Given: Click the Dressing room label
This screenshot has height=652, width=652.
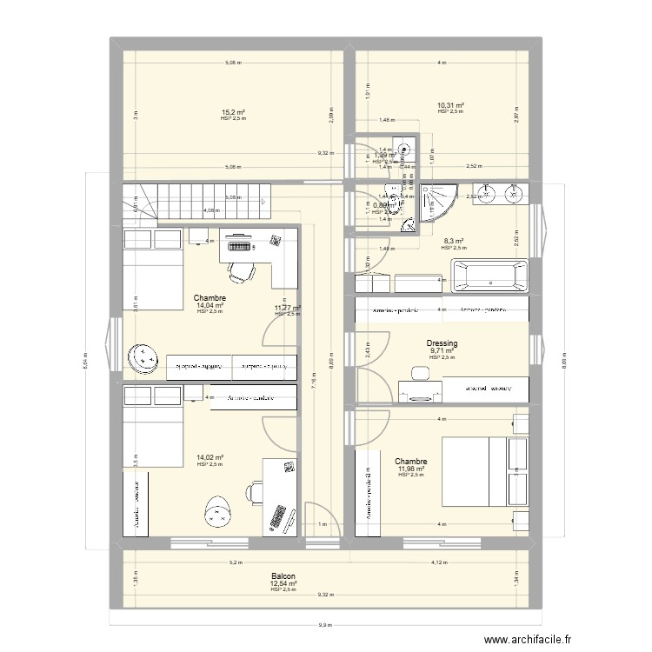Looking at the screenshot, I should [442, 344].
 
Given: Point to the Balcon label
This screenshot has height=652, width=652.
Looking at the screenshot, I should [283, 576].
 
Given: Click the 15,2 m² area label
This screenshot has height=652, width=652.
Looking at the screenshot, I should [232, 112].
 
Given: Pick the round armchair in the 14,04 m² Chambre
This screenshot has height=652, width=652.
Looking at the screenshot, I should [142, 357].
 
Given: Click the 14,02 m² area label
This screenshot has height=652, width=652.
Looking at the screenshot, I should [210, 458].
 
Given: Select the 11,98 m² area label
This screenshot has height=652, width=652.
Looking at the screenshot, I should [411, 469].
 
